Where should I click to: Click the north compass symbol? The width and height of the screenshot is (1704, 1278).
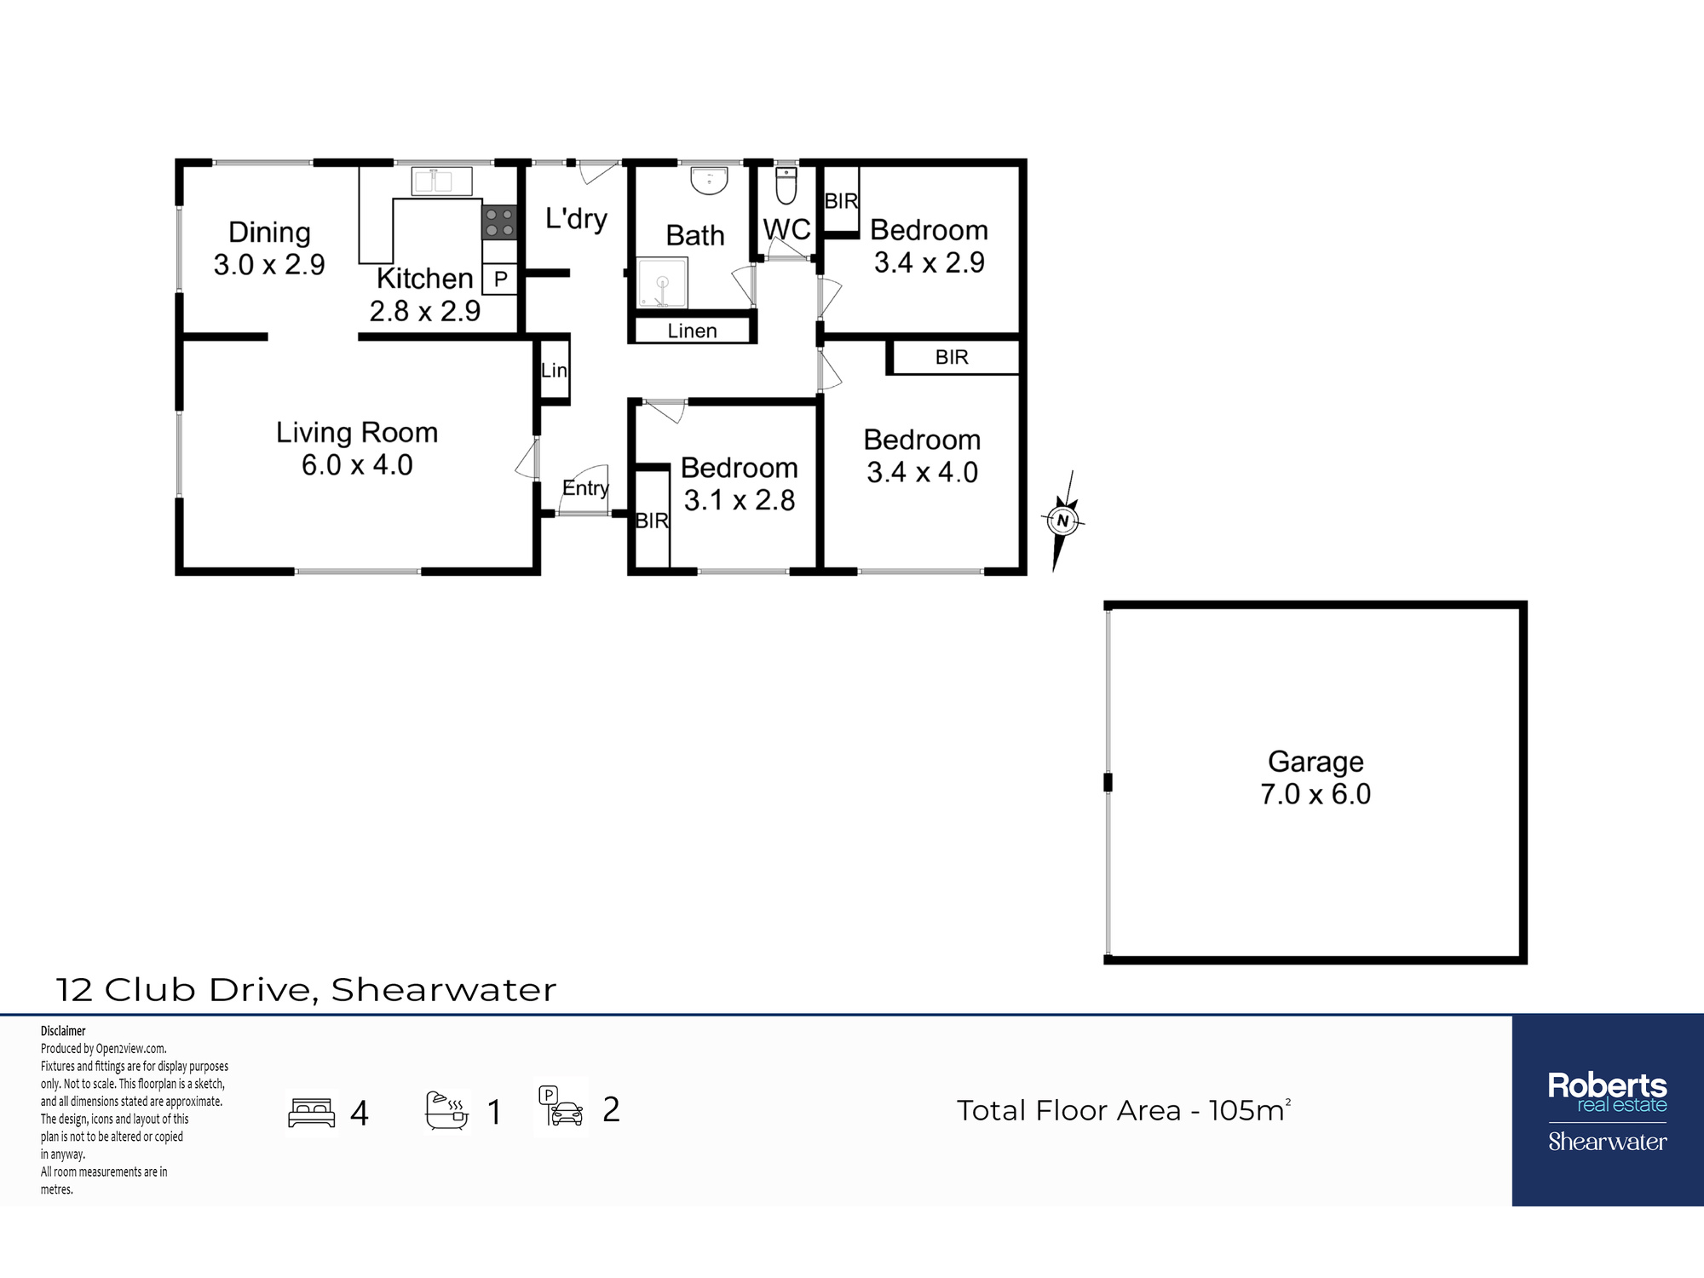(x=1062, y=521)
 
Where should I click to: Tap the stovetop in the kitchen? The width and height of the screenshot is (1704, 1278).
(x=499, y=222)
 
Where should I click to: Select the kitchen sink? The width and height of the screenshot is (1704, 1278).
(x=442, y=181)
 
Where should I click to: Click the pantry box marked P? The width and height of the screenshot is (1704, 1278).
(x=500, y=279)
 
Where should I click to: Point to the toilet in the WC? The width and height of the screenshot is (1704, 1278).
(x=786, y=186)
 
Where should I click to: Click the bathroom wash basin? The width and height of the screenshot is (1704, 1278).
(x=709, y=181)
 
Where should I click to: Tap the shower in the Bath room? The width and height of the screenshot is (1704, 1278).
(x=662, y=282)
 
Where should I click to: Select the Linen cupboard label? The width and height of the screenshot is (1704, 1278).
(x=692, y=331)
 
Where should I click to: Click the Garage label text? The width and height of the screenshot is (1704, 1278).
(x=1315, y=761)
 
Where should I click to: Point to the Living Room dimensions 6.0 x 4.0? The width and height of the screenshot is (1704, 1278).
(x=357, y=465)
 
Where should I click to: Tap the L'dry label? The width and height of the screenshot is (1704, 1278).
(x=577, y=219)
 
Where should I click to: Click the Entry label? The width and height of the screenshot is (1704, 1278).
(x=585, y=488)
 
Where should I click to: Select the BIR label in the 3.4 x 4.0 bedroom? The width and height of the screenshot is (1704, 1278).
(x=952, y=357)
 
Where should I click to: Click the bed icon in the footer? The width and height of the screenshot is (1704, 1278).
(x=312, y=1112)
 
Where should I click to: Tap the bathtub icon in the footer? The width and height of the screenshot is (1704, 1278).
(x=447, y=1110)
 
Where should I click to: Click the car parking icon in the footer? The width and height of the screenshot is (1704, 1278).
(x=561, y=1107)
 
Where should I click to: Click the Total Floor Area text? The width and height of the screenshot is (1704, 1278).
(x=1123, y=1110)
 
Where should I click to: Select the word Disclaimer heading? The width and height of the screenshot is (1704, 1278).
(x=63, y=1031)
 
